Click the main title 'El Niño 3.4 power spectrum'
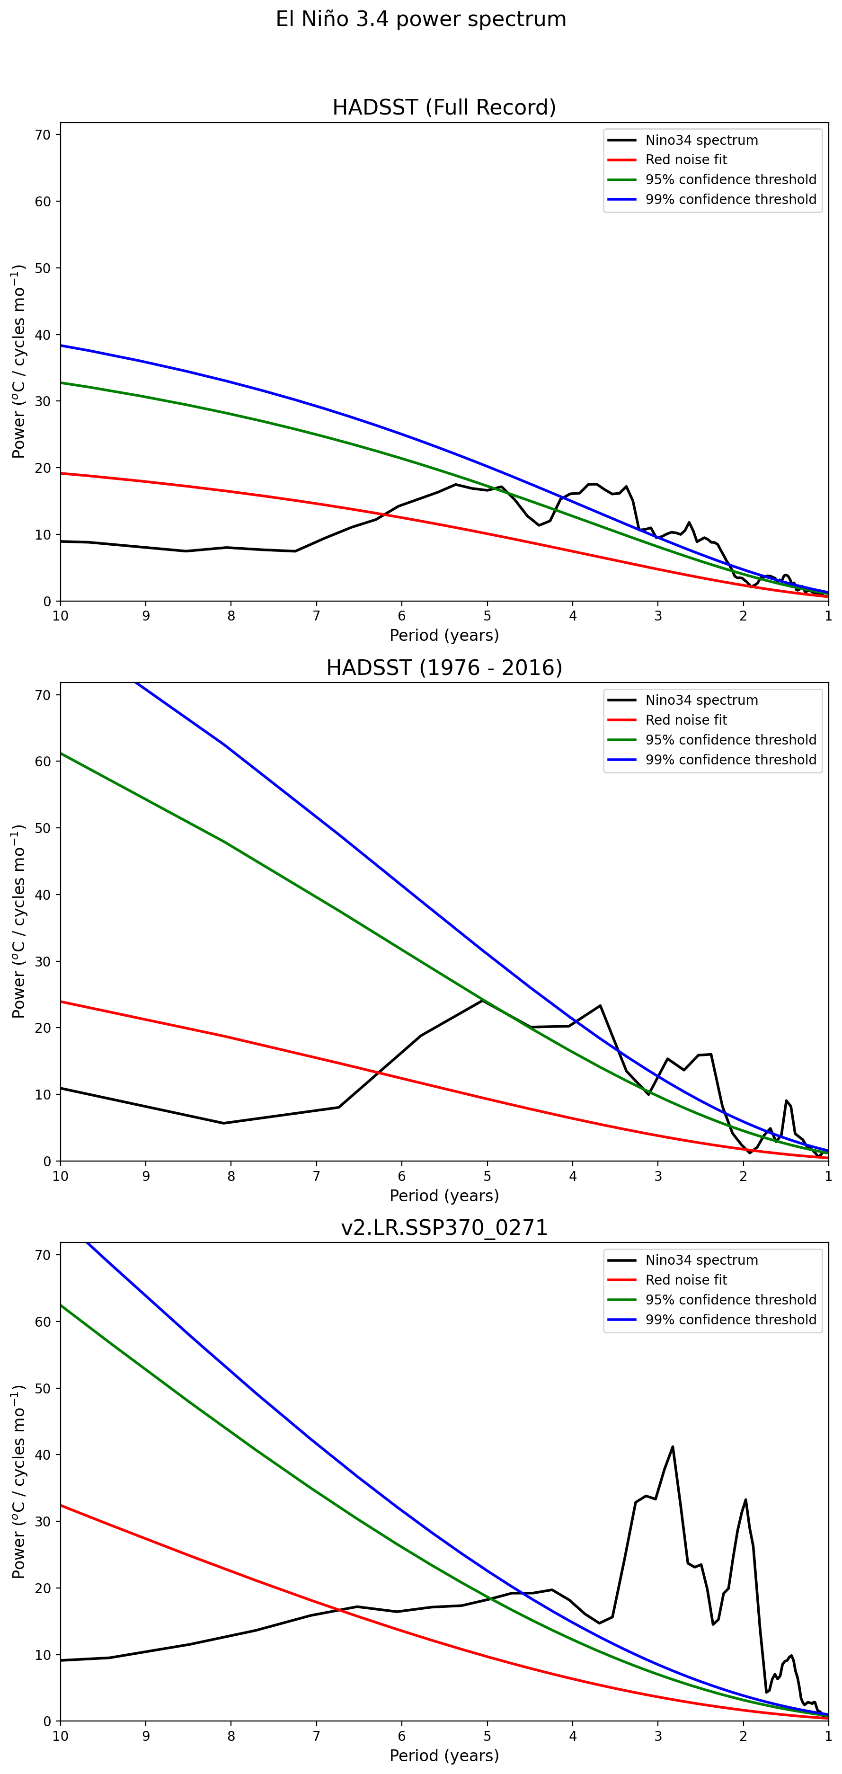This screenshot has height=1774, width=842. pyautogui.click(x=421, y=19)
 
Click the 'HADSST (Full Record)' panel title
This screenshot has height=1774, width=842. pyautogui.click(x=444, y=107)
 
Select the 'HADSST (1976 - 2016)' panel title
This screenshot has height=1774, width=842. pyautogui.click(x=444, y=667)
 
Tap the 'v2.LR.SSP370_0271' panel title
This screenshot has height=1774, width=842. pyautogui.click(x=444, y=1227)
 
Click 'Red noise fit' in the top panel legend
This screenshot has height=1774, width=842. pyautogui.click(x=686, y=160)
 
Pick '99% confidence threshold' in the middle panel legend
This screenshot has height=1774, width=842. pyautogui.click(x=730, y=760)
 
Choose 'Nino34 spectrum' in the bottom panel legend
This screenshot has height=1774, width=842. pyautogui.click(x=701, y=1260)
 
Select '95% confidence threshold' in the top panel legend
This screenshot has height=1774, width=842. pyautogui.click(x=730, y=180)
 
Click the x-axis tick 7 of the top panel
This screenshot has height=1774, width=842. pyautogui.click(x=317, y=616)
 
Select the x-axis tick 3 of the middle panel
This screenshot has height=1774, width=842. pyautogui.click(x=658, y=1176)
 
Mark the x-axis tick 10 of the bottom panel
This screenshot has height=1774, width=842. pyautogui.click(x=61, y=1736)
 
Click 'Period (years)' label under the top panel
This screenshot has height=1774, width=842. pyautogui.click(x=444, y=635)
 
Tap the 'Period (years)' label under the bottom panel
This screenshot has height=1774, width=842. pyautogui.click(x=444, y=1756)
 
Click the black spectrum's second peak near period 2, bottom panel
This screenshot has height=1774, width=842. pyautogui.click(x=745, y=1500)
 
